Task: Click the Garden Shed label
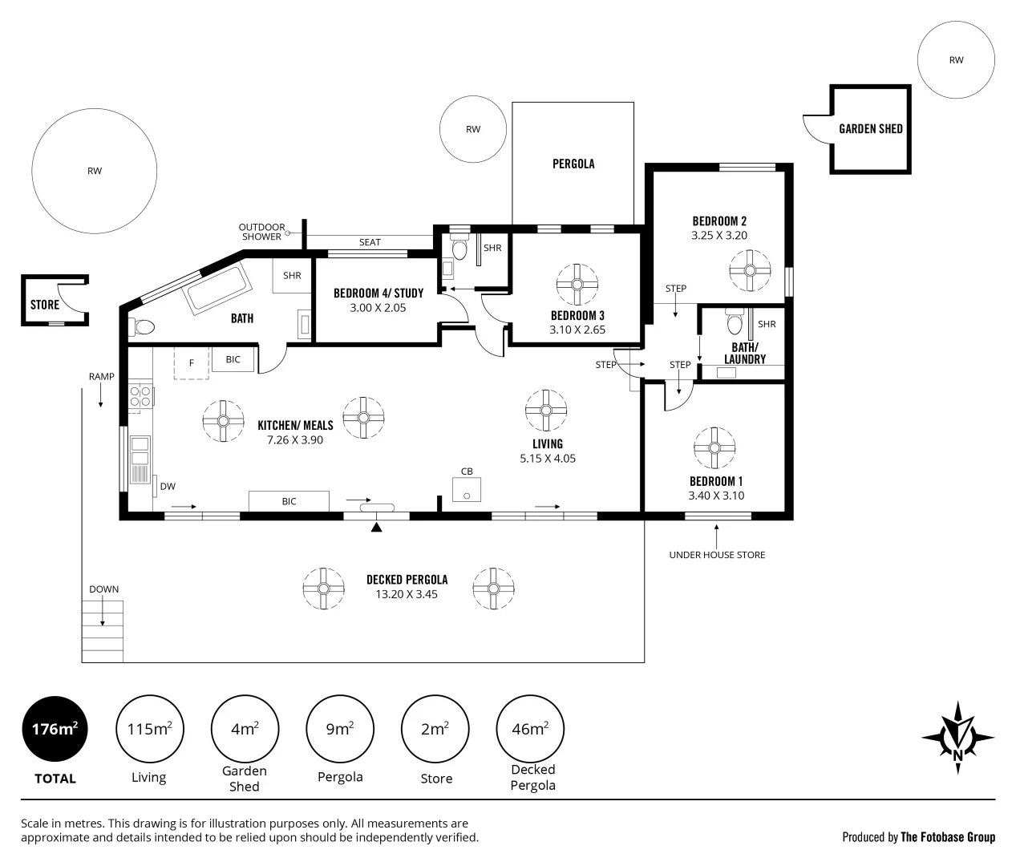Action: [870, 128]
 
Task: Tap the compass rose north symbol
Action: [957, 737]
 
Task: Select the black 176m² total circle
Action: [55, 729]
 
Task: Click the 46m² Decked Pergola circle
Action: [530, 729]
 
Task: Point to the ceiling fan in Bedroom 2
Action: [751, 270]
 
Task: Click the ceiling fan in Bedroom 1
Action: [714, 447]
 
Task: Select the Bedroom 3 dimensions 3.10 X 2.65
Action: [577, 330]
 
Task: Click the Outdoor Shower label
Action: [261, 232]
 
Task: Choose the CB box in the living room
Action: [467, 489]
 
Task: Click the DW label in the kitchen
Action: [168, 486]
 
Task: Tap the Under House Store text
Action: [717, 555]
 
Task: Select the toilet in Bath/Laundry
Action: [734, 322]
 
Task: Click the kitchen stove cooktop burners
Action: [141, 395]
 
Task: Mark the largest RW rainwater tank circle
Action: [95, 171]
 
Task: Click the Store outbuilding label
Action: [45, 305]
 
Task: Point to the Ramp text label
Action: [101, 377]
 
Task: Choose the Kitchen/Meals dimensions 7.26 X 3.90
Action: [295, 440]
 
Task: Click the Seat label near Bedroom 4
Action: [370, 242]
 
